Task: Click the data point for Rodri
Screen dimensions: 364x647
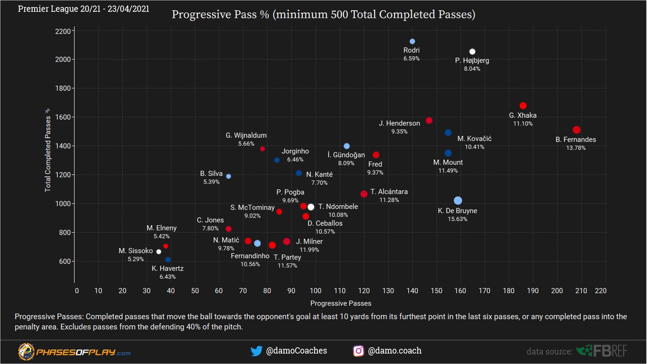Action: [412, 41]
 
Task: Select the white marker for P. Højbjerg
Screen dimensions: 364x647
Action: [472, 52]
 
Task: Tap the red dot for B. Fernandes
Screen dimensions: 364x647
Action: [576, 130]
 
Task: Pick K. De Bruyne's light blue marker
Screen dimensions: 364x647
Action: [458, 201]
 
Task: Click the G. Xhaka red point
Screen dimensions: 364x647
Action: [523, 106]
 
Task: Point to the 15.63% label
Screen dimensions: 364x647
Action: [457, 219]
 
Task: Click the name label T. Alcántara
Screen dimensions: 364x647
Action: [389, 192]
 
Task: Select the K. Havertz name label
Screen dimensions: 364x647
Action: [167, 269]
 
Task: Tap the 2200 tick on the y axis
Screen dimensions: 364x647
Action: [63, 31]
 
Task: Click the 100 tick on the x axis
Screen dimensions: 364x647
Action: [315, 291]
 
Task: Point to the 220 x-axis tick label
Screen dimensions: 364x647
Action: [600, 291]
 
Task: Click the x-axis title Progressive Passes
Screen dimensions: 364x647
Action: [340, 303]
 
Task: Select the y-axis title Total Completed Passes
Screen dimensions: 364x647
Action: [48, 154]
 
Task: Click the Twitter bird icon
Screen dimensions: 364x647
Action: [256, 351]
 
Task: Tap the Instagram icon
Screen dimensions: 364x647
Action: [358, 351]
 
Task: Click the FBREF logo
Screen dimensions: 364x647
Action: [602, 351]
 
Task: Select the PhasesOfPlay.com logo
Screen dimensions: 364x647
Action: [74, 352]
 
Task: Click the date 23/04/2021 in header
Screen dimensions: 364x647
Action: [128, 9]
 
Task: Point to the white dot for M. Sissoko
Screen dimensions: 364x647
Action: [159, 252]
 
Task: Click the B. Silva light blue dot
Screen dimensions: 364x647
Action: [228, 176]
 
